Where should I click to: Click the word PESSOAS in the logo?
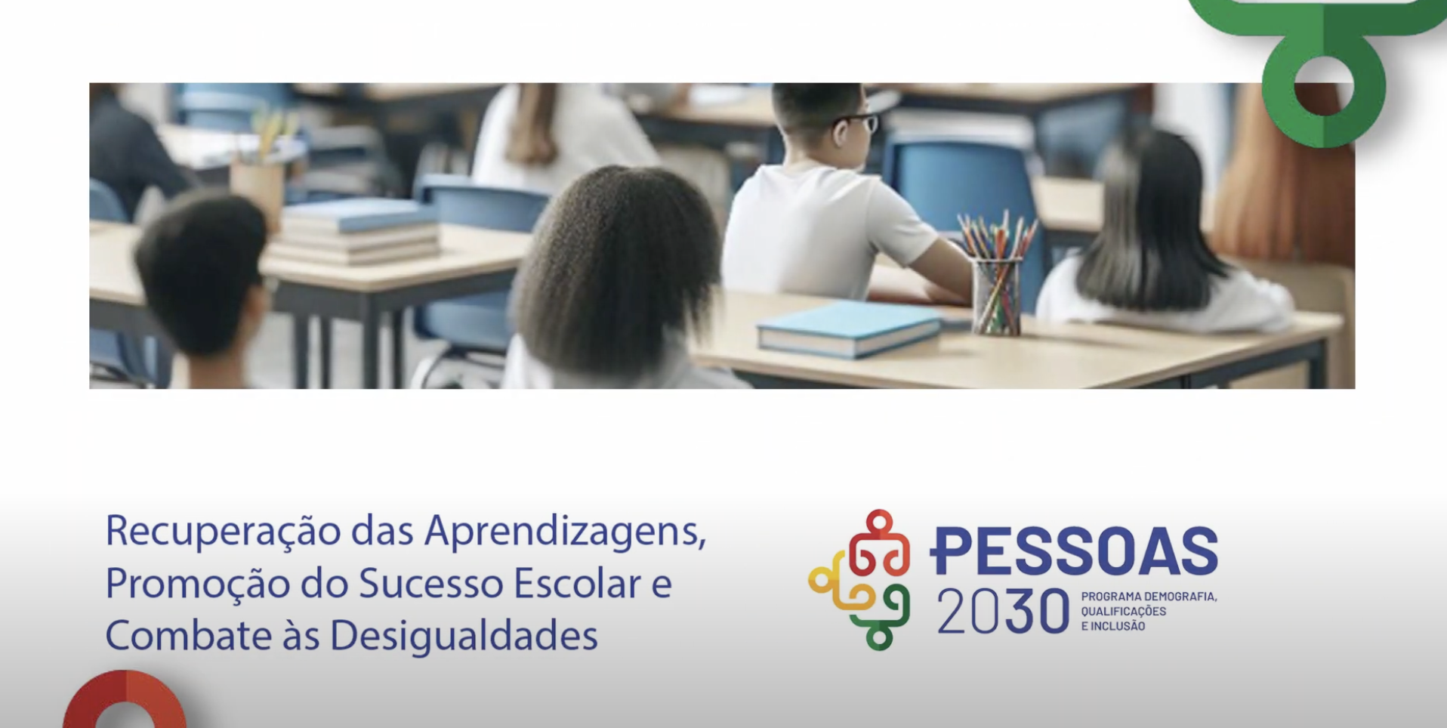[1073, 551]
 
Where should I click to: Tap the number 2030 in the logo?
[1003, 612]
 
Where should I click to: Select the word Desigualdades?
[464, 636]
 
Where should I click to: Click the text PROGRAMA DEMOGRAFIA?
[1149, 597]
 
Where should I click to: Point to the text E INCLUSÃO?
[1113, 626]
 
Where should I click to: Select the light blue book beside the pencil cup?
[850, 327]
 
